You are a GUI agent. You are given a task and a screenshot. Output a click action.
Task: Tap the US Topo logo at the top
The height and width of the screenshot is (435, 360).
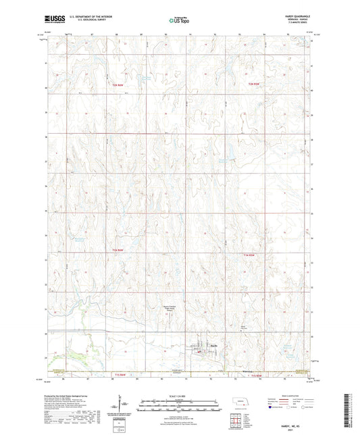tap(179, 21)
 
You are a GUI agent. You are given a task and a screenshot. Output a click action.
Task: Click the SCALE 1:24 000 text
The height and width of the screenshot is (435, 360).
tap(179, 396)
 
